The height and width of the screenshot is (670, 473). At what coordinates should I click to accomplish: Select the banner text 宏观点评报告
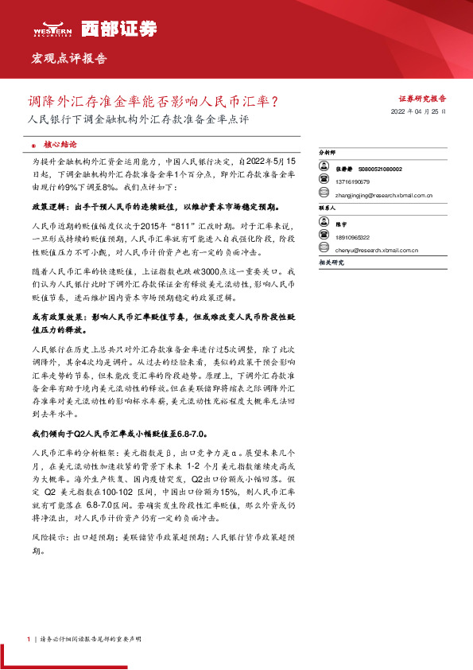point(68,59)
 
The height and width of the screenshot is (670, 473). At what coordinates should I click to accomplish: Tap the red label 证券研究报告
point(422,99)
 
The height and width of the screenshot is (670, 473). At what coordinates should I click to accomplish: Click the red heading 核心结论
point(60,145)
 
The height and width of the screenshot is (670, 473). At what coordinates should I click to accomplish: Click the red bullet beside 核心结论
point(33,146)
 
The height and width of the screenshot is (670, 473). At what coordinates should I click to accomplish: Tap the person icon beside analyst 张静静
point(324,169)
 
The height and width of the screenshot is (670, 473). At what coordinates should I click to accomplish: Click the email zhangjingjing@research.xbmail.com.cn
point(383,194)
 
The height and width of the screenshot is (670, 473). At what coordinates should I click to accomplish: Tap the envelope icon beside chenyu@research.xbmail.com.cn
point(324,250)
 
